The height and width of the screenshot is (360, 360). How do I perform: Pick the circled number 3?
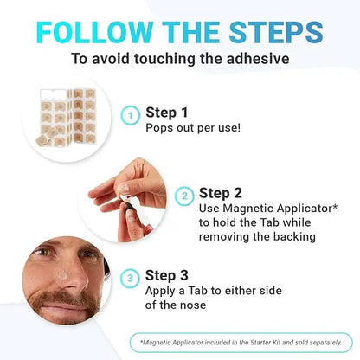coord(129,278)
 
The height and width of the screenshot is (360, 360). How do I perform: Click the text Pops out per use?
coord(192,128)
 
